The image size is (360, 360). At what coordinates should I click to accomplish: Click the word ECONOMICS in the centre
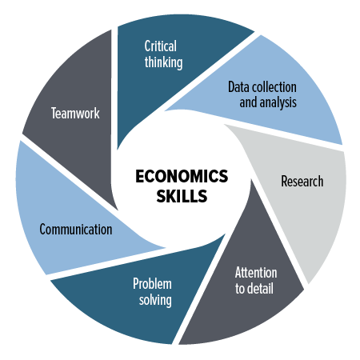(x=182, y=176)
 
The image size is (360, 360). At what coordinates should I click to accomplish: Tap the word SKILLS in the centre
(x=182, y=196)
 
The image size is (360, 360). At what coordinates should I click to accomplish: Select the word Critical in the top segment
(x=161, y=46)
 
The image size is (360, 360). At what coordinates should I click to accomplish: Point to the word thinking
(x=163, y=62)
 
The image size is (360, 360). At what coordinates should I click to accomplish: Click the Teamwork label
(x=75, y=113)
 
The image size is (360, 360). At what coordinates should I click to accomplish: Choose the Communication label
(x=76, y=230)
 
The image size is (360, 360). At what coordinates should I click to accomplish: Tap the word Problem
(x=152, y=284)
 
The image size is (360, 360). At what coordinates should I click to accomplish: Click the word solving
(x=155, y=300)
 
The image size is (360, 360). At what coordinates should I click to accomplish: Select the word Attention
(x=256, y=273)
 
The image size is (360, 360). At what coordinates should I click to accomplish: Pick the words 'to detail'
(x=254, y=289)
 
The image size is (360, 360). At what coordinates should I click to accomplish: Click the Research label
(x=302, y=182)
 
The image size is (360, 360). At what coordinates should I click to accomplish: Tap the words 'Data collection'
(x=262, y=87)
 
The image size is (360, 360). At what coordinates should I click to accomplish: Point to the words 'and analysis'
(x=268, y=102)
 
